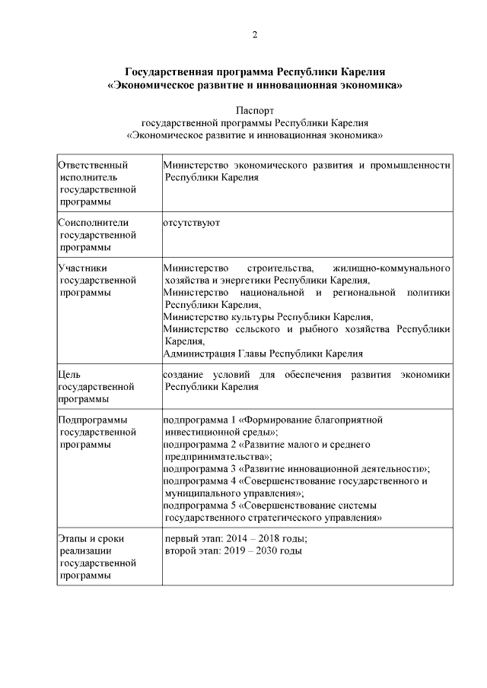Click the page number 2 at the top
click(254, 34)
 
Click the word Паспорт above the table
click(254, 110)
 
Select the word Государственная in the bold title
click(165, 73)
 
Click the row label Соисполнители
click(94, 223)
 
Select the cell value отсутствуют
click(192, 223)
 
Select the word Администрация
click(200, 354)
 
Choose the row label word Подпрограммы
click(92, 419)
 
